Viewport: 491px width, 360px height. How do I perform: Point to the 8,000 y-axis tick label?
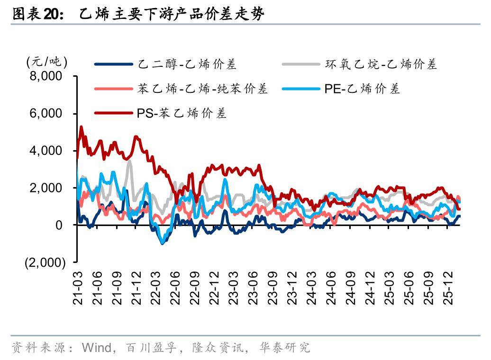tap(46, 76)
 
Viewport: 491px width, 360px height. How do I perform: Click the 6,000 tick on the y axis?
tap(46, 114)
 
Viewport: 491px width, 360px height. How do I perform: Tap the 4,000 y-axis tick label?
tap(46, 151)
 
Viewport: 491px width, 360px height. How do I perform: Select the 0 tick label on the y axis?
tap(59, 225)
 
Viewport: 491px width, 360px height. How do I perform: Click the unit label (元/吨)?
tap(47, 62)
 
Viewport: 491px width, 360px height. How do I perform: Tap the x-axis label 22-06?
tap(175, 288)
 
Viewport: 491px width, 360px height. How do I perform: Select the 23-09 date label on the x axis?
tap(273, 288)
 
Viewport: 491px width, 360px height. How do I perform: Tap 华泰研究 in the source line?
tap(284, 348)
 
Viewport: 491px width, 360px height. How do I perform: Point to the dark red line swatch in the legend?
tap(113, 113)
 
